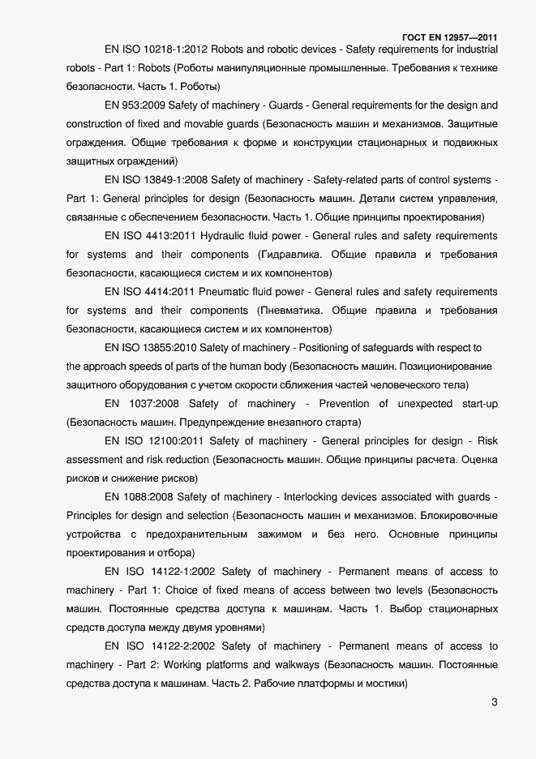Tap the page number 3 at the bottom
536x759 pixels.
(x=495, y=702)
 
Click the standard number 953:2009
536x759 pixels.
(x=143, y=105)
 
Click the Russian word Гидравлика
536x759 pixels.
(x=285, y=254)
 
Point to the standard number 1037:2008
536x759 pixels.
(x=152, y=404)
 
